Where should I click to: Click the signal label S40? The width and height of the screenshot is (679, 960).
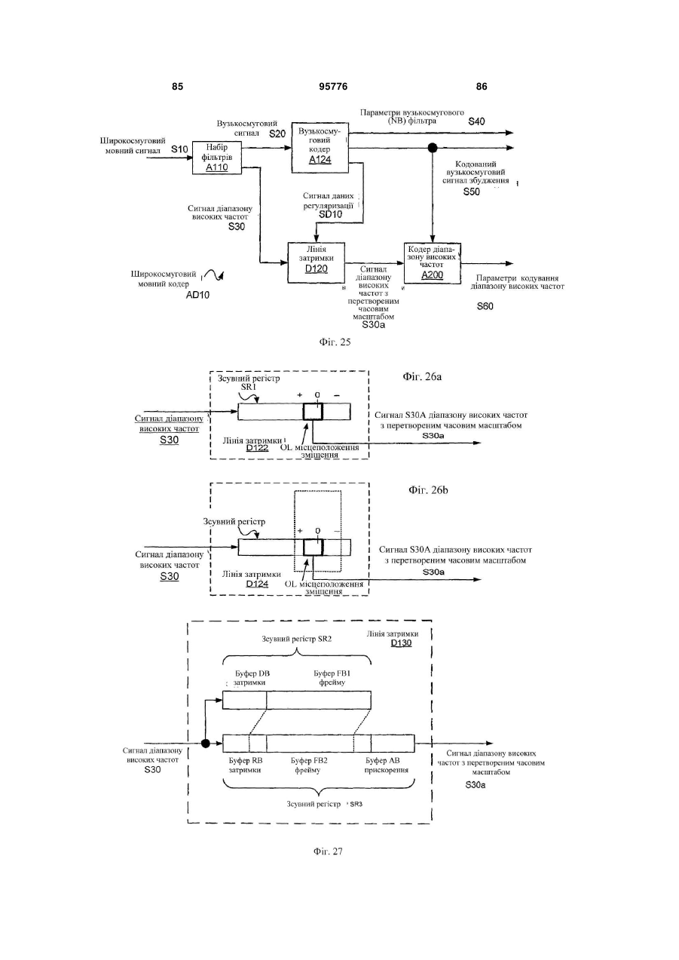click(x=476, y=121)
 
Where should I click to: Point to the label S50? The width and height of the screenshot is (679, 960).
click(x=471, y=192)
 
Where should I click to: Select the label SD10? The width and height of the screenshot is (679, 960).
click(x=330, y=214)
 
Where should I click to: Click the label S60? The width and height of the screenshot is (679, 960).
click(x=485, y=306)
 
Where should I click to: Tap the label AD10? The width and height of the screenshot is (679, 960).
click(x=197, y=295)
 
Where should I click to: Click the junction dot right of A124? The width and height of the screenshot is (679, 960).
click(x=433, y=148)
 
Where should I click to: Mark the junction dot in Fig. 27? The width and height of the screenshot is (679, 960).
click(x=206, y=744)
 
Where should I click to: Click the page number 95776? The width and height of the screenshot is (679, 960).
click(x=333, y=87)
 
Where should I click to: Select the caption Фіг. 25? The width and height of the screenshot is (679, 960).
click(x=335, y=342)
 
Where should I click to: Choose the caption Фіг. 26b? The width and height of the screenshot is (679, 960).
click(x=428, y=490)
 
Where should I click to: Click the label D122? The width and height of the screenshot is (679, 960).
click(x=257, y=448)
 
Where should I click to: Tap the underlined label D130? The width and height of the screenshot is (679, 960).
click(x=401, y=643)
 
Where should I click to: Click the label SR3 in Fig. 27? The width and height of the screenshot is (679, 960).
click(x=356, y=804)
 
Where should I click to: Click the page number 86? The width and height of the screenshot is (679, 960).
click(x=482, y=87)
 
